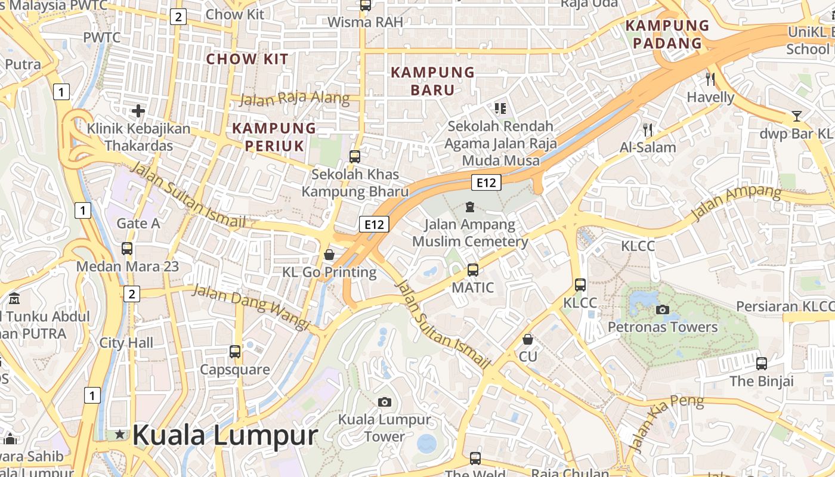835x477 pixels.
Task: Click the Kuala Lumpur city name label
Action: pos(225,435)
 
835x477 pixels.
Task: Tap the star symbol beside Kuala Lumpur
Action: pos(120,435)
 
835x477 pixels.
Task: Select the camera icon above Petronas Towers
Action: pos(662,309)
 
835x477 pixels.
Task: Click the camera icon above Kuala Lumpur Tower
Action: pos(385,402)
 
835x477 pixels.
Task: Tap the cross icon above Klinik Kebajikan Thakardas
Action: pos(138,110)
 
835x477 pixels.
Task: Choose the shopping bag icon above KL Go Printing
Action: pos(329,255)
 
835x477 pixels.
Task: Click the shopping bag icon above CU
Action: pos(528,339)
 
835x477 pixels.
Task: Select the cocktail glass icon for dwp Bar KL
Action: pos(796,116)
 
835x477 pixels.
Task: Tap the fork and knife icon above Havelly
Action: pos(710,79)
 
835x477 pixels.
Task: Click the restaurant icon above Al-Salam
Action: pos(648,129)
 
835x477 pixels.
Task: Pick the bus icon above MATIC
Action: pos(473,270)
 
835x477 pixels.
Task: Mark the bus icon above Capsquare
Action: pos(235,352)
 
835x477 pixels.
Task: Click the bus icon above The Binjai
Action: pos(762,363)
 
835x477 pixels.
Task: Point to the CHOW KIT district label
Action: pos(247,59)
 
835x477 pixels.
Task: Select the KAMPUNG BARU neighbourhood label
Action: pos(432,81)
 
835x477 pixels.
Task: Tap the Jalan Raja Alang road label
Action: pos(294,98)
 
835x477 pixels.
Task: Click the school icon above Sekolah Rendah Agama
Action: pos(500,109)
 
